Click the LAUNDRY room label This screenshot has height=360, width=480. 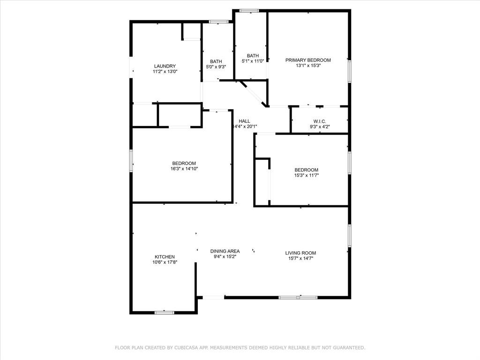tap(165, 66)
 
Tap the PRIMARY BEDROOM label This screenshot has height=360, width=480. tap(308, 60)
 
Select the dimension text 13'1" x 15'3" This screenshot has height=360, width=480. tap(308, 66)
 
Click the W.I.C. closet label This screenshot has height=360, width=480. tap(320, 121)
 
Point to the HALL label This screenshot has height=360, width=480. tap(244, 121)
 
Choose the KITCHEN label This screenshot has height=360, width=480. tap(165, 257)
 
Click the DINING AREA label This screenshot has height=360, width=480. tap(225, 251)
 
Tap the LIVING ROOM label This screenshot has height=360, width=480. tap(300, 253)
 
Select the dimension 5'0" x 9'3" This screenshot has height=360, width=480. tap(216, 67)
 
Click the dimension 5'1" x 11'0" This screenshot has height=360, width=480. tap(253, 61)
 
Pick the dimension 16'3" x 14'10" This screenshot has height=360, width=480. tap(184, 169)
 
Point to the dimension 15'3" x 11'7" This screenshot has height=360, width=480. tap(306, 175)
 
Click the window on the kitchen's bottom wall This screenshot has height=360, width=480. tap(165, 312)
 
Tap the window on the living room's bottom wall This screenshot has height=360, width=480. tap(298, 297)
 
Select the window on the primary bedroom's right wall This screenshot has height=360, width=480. tap(349, 71)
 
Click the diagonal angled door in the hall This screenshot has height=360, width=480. tap(253, 94)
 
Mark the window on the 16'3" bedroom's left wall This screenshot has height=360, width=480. tap(131, 160)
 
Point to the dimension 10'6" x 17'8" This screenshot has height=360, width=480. tap(165, 262)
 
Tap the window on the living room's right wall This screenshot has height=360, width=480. tap(349, 235)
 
